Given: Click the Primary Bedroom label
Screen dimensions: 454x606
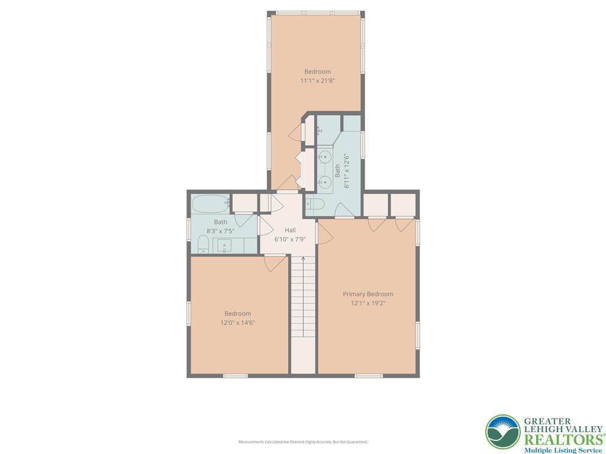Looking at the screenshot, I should [x=368, y=294].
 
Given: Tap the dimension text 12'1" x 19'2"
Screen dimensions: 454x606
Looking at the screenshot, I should [x=368, y=303].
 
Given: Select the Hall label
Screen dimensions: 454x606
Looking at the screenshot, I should [x=290, y=230].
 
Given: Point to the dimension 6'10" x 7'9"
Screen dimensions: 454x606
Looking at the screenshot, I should [x=290, y=239].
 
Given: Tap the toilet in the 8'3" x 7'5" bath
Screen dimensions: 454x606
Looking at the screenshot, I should [x=202, y=244].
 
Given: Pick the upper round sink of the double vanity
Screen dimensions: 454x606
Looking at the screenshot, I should [x=324, y=157].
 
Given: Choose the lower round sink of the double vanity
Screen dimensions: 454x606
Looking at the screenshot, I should [x=324, y=182].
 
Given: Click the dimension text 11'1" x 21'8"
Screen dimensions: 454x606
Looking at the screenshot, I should [x=317, y=81].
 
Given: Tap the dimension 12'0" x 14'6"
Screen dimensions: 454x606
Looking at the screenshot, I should [x=237, y=323].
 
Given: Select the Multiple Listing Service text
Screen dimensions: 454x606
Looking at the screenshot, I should [x=563, y=450].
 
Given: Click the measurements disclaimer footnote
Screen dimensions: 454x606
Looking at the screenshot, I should [x=303, y=442].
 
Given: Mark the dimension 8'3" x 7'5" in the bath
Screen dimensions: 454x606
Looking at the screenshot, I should [x=221, y=232].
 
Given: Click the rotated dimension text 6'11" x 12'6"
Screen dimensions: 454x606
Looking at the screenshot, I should [x=347, y=171].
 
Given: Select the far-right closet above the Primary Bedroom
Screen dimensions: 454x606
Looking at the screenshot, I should [x=403, y=205].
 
